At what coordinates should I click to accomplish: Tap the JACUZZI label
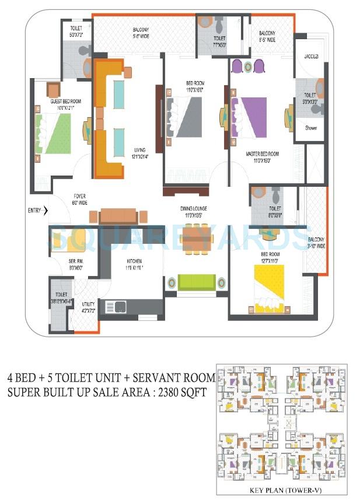coord(310,57)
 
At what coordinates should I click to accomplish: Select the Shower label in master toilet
coord(310,127)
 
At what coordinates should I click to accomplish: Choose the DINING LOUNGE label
coord(193,208)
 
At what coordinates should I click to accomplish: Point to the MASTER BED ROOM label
coord(262,153)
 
